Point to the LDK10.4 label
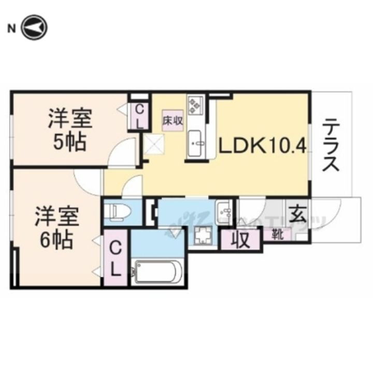point(263,147)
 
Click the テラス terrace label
point(331,146)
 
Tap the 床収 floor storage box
point(172,120)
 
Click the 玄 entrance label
point(297,214)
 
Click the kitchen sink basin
point(196,141)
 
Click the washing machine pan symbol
point(203,237)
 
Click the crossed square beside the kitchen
point(154,143)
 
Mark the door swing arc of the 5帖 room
point(124,153)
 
